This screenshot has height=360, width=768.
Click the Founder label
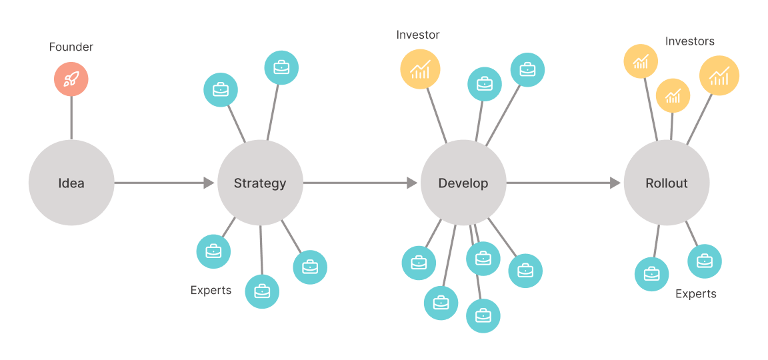[x=71, y=47]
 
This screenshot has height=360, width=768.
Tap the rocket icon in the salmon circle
[x=71, y=80]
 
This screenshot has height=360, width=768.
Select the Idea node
[x=71, y=183]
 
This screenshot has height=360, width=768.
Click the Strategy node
[x=260, y=183]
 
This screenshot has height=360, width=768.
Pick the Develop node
[x=463, y=183]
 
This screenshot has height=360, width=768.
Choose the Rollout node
[x=666, y=183]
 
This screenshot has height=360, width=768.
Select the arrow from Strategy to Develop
[x=361, y=183]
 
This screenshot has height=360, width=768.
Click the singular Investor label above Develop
[x=418, y=35]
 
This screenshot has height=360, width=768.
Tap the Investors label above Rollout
[x=689, y=41]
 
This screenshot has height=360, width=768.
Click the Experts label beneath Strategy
[x=211, y=290]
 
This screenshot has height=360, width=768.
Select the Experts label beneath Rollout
[x=695, y=294]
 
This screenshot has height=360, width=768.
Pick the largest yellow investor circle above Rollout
[x=719, y=76]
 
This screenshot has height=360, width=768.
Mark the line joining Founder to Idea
[x=71, y=118]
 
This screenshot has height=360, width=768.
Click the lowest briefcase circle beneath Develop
[x=483, y=315]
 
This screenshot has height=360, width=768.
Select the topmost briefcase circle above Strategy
[x=281, y=67]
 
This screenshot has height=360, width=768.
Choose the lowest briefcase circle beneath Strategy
[x=262, y=291]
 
